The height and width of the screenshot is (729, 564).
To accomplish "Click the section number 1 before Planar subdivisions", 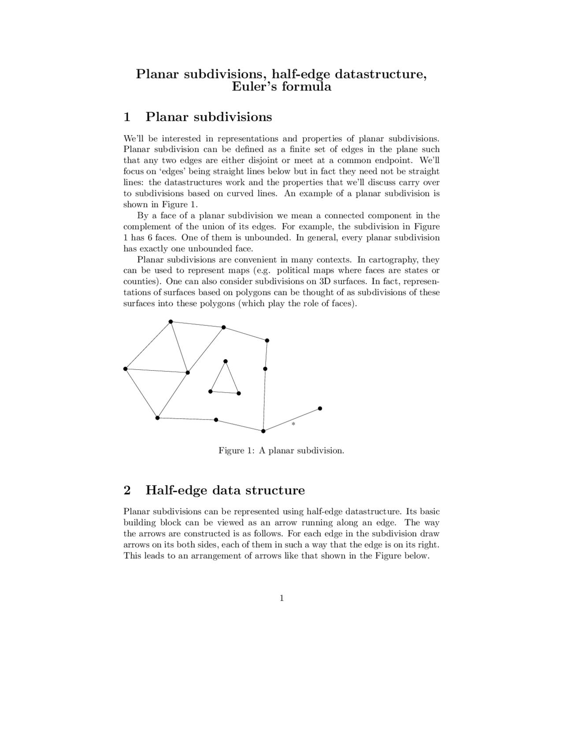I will tap(127, 117).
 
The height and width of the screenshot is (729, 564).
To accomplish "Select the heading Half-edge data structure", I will tap(225, 490).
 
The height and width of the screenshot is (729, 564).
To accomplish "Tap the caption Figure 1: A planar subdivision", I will tap(281, 451).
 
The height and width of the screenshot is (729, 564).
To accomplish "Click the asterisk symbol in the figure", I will tap(293, 423).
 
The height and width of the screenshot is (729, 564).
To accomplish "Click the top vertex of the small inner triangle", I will tap(226, 361).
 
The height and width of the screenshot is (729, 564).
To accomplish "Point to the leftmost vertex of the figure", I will tap(126, 368).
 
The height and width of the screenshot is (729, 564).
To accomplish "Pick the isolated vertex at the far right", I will tap(320, 409).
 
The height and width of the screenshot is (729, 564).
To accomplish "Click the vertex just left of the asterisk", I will tap(263, 431).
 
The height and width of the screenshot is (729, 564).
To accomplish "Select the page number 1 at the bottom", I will tap(282, 598).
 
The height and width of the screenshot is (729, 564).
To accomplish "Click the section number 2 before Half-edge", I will tap(127, 490).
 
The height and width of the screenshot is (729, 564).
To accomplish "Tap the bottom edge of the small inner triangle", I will tap(224, 392).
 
